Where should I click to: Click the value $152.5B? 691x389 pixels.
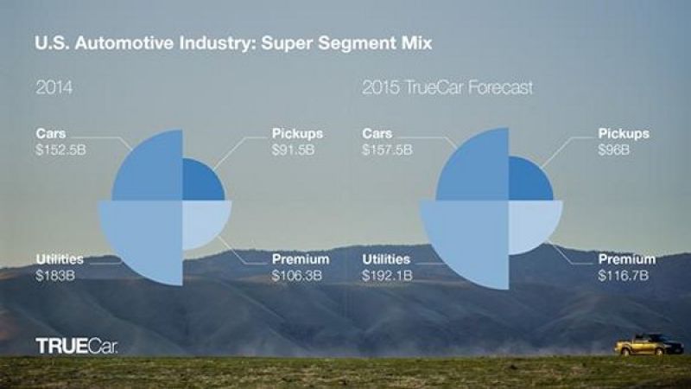point(60,150)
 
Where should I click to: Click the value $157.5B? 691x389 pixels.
point(387,150)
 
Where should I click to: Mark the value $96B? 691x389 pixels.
point(612,150)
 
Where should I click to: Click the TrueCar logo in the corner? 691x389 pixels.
point(76,346)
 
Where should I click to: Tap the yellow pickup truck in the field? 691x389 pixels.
point(648,345)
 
